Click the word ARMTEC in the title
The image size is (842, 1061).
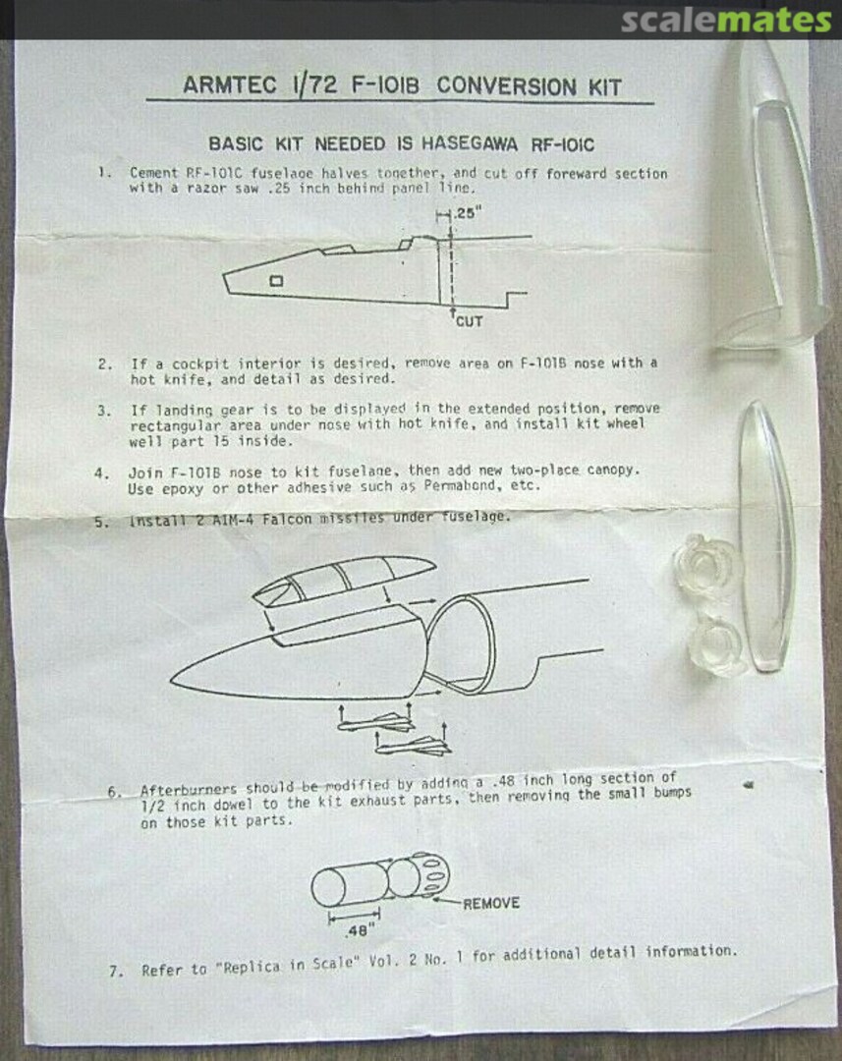pos(230,85)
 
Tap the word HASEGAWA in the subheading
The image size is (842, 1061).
pos(469,144)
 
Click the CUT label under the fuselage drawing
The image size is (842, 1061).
pos(469,321)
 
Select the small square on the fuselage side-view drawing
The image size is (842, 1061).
pos(276,281)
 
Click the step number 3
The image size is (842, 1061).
pos(103,411)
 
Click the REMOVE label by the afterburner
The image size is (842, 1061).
pos(491,904)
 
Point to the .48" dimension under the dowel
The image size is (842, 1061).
pos(357,931)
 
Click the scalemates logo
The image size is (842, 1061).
pos(726,21)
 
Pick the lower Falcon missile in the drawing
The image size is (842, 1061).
pos(414,746)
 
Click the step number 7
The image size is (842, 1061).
pos(116,972)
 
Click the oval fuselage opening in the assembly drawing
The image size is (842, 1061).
pos(460,642)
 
